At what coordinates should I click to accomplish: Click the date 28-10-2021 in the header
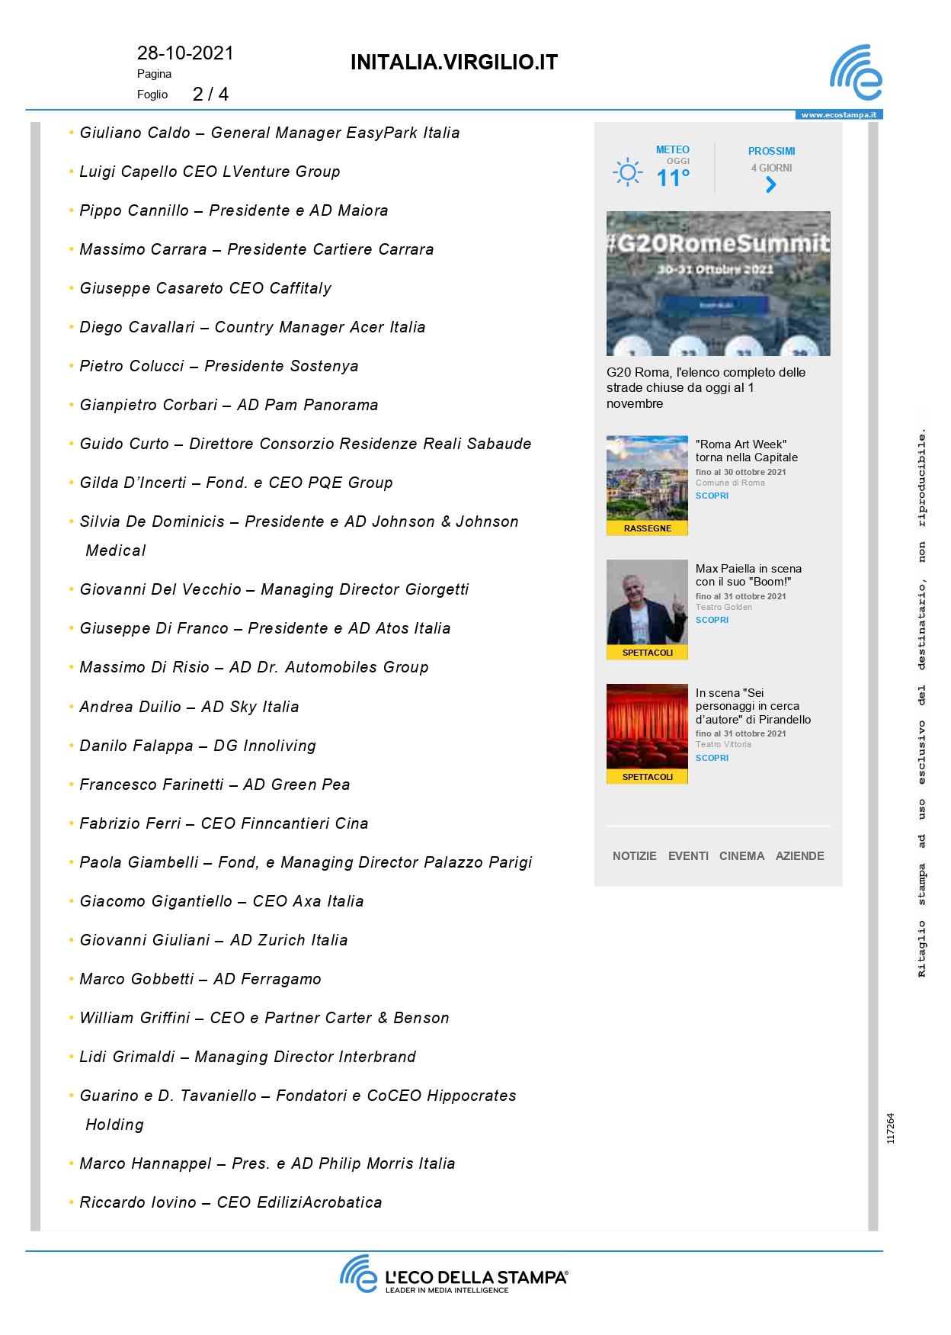[x=185, y=53]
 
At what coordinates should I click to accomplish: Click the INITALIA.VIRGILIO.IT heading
[x=454, y=63]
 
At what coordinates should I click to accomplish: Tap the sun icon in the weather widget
[x=627, y=172]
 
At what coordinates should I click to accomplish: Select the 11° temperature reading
[x=673, y=178]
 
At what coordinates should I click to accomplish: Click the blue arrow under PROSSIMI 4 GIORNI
[x=771, y=185]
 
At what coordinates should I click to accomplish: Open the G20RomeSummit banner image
[x=718, y=283]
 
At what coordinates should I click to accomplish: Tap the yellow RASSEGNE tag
[x=647, y=528]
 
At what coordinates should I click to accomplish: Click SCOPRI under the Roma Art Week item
[x=712, y=496]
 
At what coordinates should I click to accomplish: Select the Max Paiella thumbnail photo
[x=647, y=602]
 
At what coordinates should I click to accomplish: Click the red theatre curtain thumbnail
[x=647, y=727]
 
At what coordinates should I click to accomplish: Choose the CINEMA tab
[x=741, y=856]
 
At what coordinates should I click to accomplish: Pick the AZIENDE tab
[x=799, y=856]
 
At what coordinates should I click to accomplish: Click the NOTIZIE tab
[x=634, y=856]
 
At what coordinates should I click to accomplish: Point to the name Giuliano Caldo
[x=135, y=133]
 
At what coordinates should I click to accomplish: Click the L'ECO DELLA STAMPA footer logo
[x=454, y=1276]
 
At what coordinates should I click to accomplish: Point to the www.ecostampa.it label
[x=838, y=115]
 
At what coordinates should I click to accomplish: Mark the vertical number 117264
[x=891, y=1128]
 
